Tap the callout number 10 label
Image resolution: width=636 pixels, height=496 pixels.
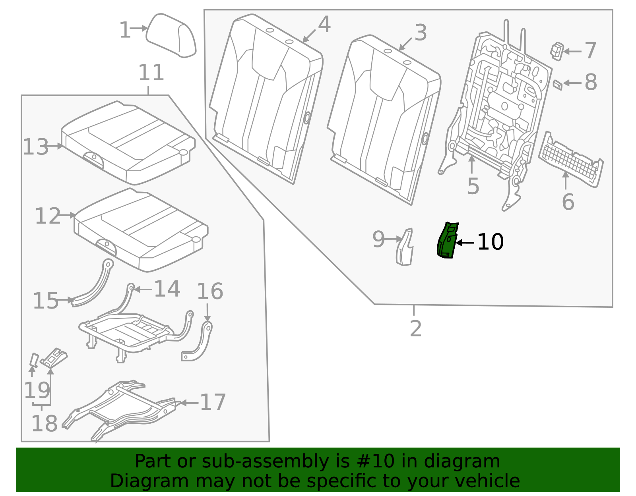[x=491, y=242]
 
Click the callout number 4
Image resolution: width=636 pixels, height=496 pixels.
[x=324, y=25]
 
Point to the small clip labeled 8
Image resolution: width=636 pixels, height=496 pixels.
[x=557, y=84]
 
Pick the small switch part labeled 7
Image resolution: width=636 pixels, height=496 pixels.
[x=557, y=51]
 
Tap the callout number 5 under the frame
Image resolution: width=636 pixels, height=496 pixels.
[x=473, y=186]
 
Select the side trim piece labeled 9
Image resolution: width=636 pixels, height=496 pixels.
[x=405, y=247]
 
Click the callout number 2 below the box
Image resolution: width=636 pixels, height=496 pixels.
[x=415, y=329]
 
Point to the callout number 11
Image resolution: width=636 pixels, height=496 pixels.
[x=151, y=73]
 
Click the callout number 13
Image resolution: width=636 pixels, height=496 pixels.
[x=35, y=147]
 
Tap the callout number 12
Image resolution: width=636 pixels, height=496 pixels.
[x=48, y=216]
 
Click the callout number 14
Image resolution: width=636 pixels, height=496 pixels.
[x=167, y=289]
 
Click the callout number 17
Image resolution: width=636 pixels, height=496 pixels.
[x=213, y=402]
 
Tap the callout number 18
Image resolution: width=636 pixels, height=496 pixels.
[x=44, y=424]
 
